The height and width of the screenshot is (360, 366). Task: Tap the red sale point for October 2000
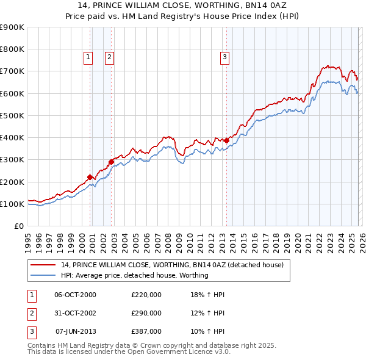click(90, 177)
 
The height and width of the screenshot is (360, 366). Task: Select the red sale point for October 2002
click(112, 162)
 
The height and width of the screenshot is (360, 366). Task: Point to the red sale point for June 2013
click(226, 140)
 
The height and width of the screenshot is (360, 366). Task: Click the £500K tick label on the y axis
click(12, 115)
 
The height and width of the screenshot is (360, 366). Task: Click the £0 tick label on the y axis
click(18, 226)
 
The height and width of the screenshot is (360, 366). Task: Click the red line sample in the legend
click(43, 265)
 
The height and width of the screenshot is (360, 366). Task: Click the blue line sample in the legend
click(43, 275)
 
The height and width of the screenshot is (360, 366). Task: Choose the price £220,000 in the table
click(146, 295)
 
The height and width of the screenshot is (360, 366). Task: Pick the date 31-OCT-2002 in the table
click(76, 313)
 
